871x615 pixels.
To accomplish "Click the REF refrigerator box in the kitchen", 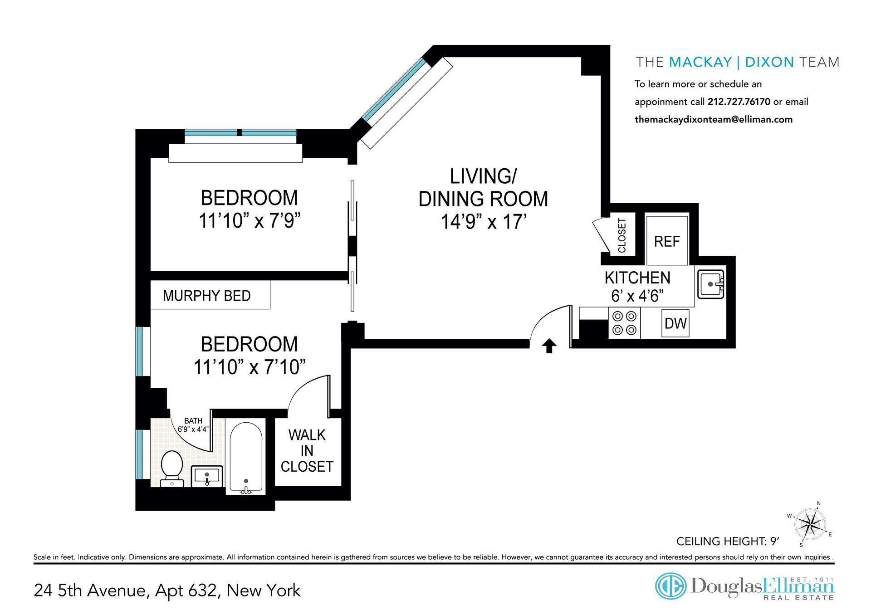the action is coord(667,240).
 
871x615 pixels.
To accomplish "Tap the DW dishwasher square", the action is coord(675,323).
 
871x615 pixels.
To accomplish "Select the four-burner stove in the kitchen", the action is coord(624,323).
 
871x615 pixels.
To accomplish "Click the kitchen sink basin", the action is coord(711,284).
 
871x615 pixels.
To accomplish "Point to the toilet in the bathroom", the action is coord(172,468).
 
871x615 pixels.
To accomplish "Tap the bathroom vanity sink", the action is coord(207,476).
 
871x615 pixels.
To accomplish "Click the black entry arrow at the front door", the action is coord(549,346).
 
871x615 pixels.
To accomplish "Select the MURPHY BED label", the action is coord(207,296).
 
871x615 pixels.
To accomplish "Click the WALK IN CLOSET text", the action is coord(307,451).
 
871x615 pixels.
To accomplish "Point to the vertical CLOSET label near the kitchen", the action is coord(622,235).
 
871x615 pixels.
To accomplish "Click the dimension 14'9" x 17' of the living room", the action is coord(484,222).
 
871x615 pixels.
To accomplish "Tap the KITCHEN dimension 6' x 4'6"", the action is coord(637,296).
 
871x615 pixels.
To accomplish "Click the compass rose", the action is coord(811,524).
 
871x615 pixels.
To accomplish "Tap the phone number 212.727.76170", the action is coord(739,102).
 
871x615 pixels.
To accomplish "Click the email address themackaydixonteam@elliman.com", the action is coord(714,119).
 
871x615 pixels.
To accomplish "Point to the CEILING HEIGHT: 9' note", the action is coord(728,541).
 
